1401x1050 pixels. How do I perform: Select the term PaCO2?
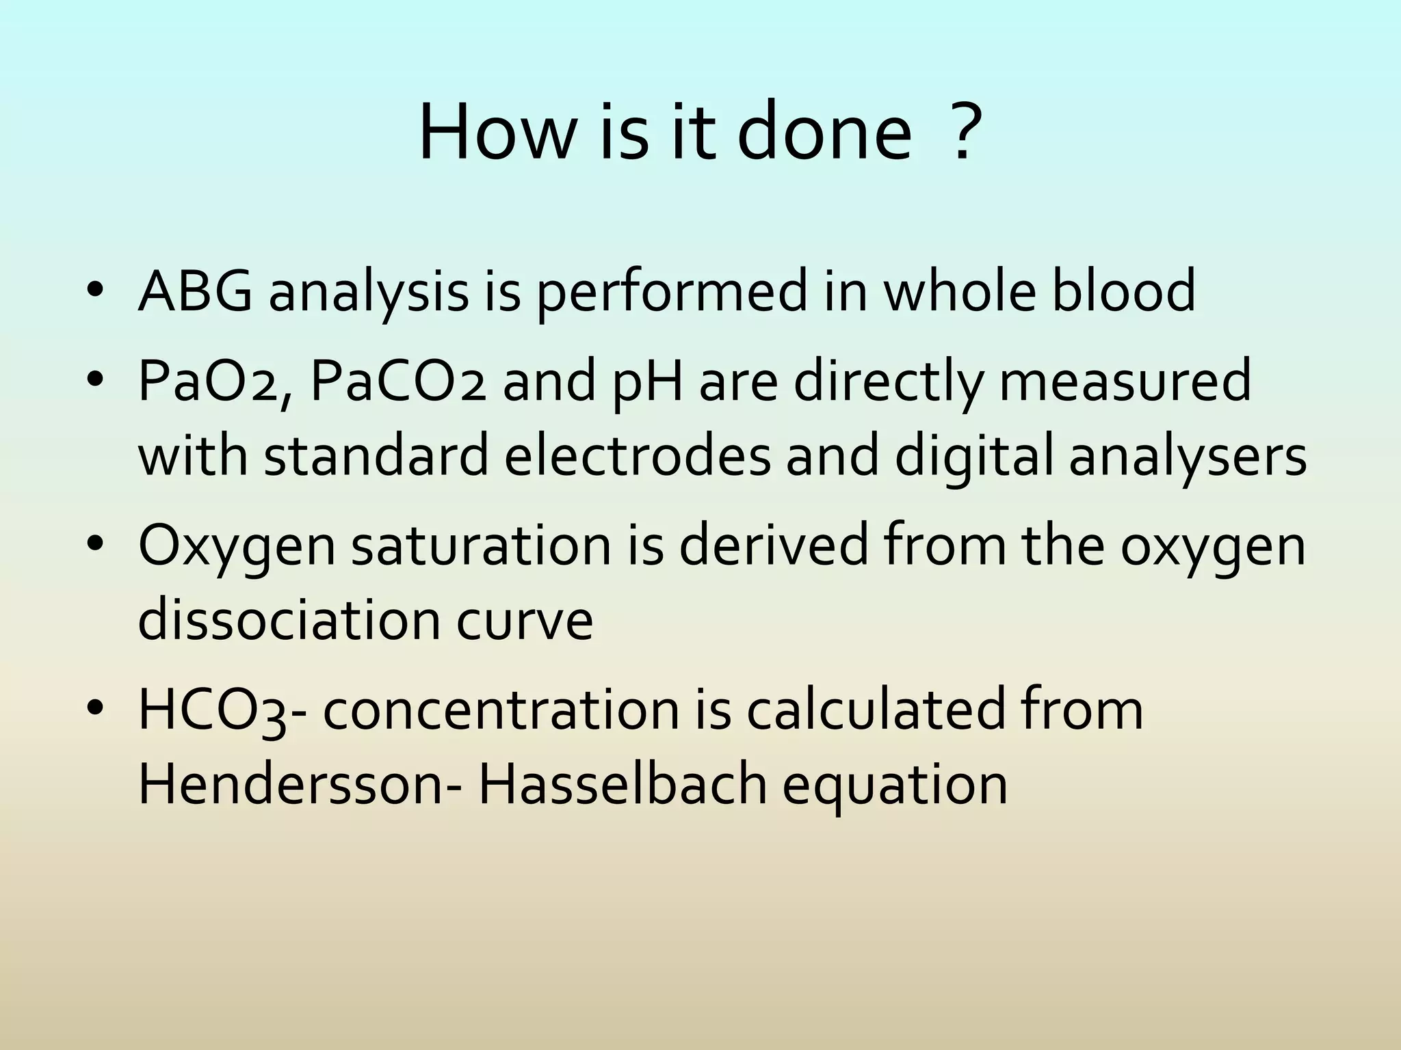[x=397, y=381]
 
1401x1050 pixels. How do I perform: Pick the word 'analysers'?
[x=1188, y=457]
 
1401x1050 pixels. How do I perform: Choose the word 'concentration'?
[x=500, y=711]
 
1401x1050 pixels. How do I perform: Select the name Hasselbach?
[x=622, y=785]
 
